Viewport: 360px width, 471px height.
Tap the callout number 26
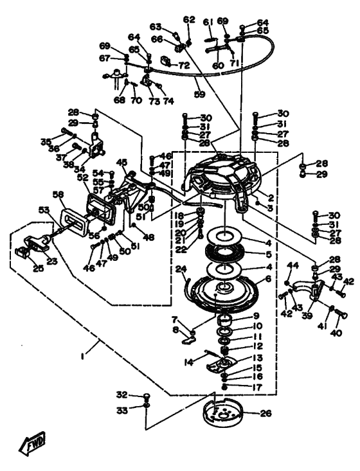265,413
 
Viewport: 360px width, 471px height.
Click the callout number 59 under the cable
199,94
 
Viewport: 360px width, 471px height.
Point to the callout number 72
184,65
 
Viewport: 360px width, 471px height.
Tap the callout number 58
59,195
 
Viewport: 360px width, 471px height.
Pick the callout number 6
268,279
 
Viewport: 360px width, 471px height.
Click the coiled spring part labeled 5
224,253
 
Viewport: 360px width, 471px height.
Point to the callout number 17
257,387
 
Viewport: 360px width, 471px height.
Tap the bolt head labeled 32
146,396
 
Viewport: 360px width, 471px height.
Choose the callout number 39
308,315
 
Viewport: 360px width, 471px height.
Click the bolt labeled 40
341,314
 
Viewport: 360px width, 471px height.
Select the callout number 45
122,162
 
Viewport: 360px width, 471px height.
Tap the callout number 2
271,198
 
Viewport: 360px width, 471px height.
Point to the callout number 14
189,362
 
